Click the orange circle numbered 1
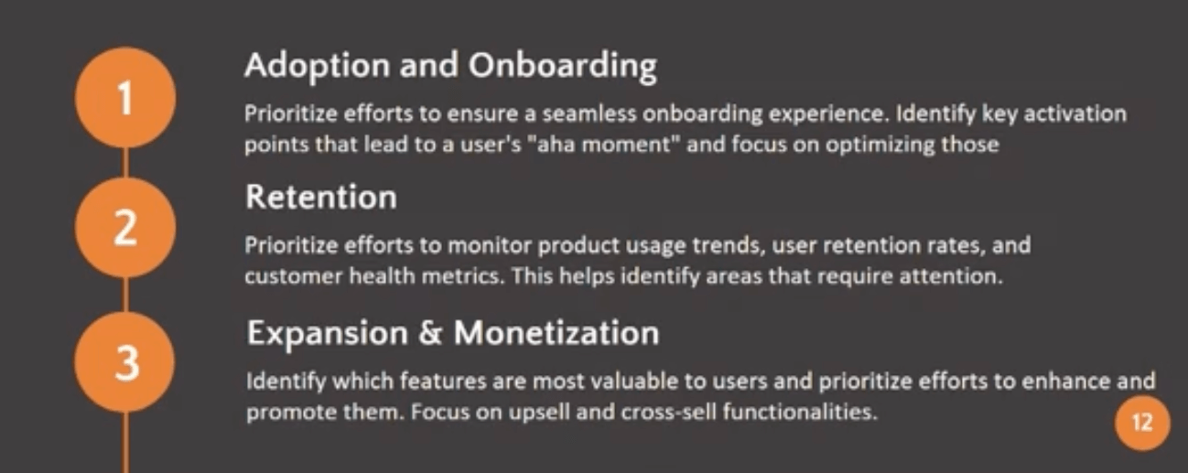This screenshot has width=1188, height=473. (125, 100)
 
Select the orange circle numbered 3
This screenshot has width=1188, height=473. (125, 363)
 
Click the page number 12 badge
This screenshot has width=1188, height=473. (1142, 424)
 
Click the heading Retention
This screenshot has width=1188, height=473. (320, 197)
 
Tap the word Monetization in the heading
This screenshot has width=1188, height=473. (556, 333)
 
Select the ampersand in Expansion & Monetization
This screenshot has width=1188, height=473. (429, 333)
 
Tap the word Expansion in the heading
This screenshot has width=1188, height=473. (325, 333)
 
